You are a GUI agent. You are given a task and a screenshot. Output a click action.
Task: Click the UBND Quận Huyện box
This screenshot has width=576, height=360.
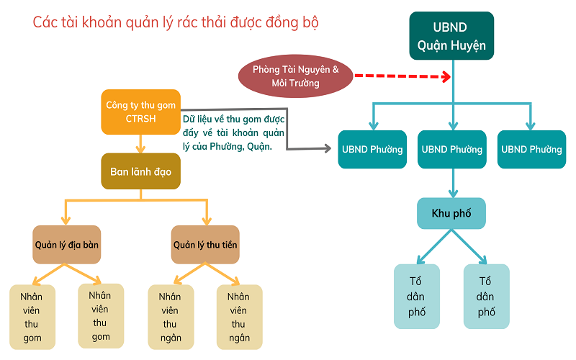(x=451, y=37)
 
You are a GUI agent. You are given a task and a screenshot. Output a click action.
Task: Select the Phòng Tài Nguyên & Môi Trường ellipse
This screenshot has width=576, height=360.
(x=295, y=76)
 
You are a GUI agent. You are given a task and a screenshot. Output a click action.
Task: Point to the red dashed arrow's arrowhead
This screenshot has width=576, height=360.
(x=446, y=76)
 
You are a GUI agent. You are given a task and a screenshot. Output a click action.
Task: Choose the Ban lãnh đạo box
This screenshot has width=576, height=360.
(x=140, y=172)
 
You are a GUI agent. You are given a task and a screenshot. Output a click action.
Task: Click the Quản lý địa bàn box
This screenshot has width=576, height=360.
(x=67, y=245)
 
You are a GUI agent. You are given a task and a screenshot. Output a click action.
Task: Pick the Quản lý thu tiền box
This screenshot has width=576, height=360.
(x=205, y=245)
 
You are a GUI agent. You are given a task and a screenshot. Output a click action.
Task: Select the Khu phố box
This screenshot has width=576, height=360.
(x=451, y=213)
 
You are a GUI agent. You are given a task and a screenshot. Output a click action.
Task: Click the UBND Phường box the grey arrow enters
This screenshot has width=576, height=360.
(x=372, y=150)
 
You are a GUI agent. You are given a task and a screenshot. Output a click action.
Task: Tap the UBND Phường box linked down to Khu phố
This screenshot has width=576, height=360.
(x=451, y=150)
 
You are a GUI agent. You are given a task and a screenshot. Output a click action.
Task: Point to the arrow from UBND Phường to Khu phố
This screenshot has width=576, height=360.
(x=451, y=184)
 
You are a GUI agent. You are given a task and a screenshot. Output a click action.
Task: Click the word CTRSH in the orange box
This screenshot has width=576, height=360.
(x=140, y=119)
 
